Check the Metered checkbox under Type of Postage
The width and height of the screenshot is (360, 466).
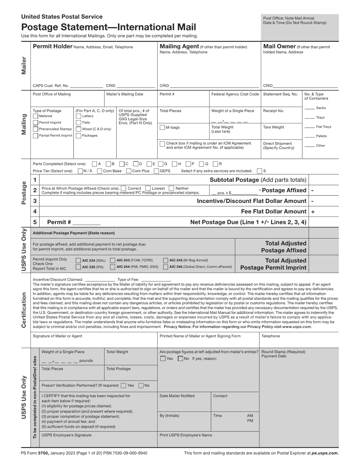click(x=36, y=116)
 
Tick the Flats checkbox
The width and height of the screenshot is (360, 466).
click(x=78, y=123)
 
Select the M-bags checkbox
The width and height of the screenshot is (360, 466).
click(x=162, y=127)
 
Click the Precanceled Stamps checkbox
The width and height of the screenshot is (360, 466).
click(x=36, y=129)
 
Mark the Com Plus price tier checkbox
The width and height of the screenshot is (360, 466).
click(x=129, y=171)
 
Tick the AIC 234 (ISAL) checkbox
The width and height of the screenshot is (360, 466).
click(x=78, y=260)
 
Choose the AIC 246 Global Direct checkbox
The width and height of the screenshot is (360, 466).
click(x=166, y=267)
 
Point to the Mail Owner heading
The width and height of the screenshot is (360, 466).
click(x=279, y=47)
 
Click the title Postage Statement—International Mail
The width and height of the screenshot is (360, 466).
click(x=108, y=27)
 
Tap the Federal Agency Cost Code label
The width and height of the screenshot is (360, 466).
click(x=235, y=94)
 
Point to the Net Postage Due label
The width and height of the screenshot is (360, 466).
click(x=248, y=222)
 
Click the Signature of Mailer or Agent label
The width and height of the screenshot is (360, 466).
click(x=57, y=336)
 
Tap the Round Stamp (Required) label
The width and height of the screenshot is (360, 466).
click(x=283, y=352)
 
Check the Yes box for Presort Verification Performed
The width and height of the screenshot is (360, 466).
click(x=123, y=386)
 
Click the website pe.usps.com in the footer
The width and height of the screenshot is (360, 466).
click(x=325, y=453)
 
